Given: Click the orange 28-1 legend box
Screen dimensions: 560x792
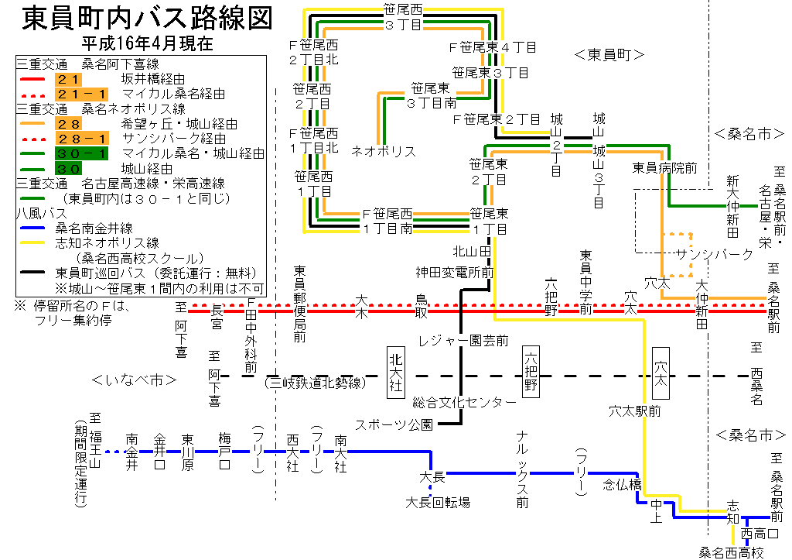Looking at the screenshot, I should pos(81,139).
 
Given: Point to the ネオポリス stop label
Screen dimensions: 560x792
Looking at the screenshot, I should pos(384,151).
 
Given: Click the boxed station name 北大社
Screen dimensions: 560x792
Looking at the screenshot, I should pos(396,371).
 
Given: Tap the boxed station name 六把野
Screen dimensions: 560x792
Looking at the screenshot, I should pos(531,371).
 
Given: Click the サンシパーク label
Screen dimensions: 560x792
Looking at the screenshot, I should pos(714,254).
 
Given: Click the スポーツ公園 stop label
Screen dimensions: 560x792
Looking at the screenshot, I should pos(394,424).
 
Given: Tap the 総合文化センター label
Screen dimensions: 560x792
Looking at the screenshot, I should pos(464,402).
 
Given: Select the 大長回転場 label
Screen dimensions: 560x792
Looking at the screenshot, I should pos(438,503).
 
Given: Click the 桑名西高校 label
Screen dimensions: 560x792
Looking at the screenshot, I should pos(732,552).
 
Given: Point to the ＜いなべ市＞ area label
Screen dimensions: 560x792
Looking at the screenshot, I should pos(135,380).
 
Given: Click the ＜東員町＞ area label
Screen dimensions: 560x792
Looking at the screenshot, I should pos(610,54).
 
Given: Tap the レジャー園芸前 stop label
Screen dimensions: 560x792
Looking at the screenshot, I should pos(463,341).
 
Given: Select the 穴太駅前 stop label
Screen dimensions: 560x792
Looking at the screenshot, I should pos(634,411).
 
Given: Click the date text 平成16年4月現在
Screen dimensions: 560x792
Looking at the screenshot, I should pos(146,43).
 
